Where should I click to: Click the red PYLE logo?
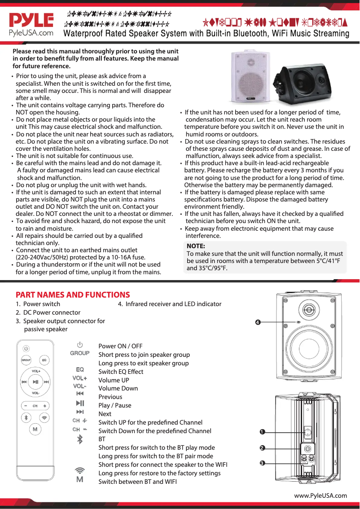point(31,21)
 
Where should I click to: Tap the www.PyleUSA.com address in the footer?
point(320,496)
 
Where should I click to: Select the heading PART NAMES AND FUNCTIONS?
point(73,295)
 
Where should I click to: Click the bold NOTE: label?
point(196,246)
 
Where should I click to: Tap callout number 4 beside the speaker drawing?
point(258,322)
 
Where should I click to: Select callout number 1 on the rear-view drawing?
point(261,432)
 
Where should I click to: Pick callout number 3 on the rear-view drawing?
point(261,462)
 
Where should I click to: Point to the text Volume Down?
point(118,388)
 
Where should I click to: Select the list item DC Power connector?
point(52,312)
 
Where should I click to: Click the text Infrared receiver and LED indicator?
point(173,304)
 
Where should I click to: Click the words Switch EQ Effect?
point(121,372)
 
